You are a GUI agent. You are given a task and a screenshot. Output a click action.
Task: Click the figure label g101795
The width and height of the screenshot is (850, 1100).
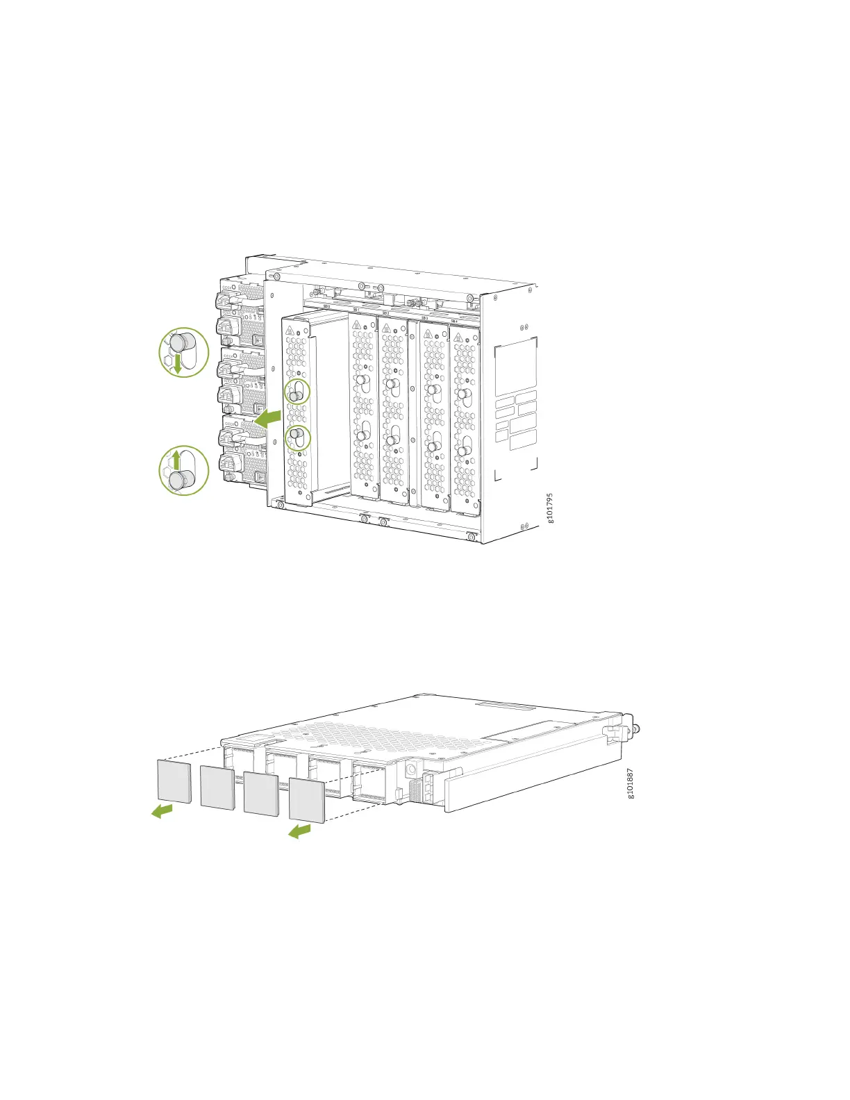tap(550, 508)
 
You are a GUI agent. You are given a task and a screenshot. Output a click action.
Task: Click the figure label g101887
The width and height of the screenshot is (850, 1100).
tap(630, 783)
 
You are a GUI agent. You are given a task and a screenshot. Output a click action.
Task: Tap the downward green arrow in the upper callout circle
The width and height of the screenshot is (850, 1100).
tap(178, 364)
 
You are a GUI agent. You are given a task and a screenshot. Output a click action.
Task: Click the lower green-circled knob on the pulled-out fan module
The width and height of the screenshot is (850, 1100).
tap(296, 436)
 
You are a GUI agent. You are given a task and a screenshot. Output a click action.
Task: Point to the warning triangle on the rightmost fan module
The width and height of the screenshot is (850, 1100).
tap(458, 337)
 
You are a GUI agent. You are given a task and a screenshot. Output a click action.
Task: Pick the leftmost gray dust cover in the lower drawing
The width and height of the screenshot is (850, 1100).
tap(174, 781)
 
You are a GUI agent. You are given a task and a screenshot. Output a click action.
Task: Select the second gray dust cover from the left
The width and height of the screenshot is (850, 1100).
tap(217, 787)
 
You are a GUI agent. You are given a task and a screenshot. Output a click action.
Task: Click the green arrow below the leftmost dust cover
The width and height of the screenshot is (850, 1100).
tap(162, 810)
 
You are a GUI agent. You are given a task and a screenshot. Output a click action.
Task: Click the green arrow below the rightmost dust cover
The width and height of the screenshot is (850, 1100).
tap(299, 831)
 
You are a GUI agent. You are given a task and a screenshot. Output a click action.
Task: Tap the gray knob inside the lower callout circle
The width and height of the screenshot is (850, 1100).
tap(181, 480)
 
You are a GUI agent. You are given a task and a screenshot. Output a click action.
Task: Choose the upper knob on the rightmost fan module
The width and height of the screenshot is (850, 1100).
tap(462, 393)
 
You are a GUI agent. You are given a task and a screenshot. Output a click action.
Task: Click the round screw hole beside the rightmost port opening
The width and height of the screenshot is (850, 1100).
tap(410, 769)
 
